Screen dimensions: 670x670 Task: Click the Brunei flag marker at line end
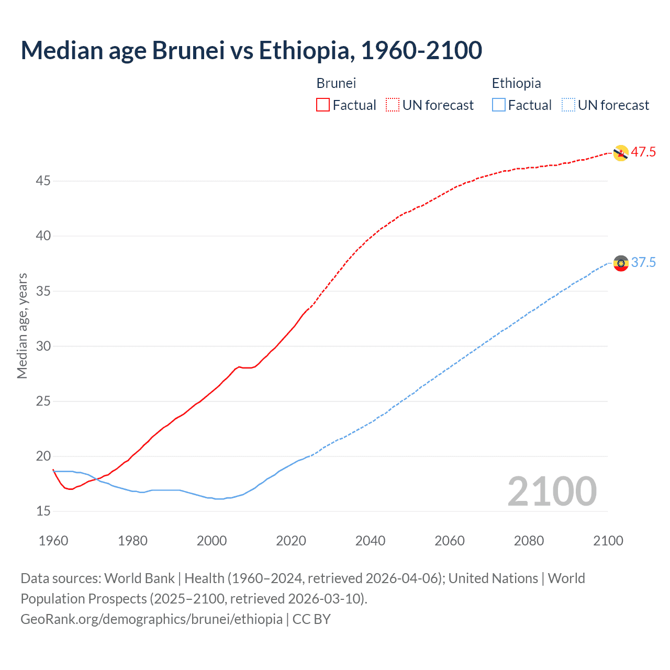(620, 153)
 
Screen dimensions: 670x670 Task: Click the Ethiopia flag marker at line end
(621, 263)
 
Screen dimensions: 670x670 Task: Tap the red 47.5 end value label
(643, 152)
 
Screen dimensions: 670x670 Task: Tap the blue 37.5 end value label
(643, 263)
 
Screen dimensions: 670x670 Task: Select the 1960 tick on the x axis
(53, 541)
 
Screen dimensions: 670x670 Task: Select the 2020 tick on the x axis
(291, 541)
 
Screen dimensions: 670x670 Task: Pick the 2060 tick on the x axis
(450, 541)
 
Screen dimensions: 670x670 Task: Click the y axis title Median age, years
(22, 326)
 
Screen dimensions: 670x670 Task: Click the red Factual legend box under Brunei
(323, 105)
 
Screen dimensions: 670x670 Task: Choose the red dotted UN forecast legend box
(393, 105)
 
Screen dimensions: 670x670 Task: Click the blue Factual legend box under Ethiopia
(499, 105)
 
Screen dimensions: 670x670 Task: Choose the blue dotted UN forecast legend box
(568, 105)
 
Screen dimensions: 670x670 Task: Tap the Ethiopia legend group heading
(516, 83)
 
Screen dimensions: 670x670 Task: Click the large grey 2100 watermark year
(552, 491)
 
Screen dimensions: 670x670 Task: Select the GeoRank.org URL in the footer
(151, 619)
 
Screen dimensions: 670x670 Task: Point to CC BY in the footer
(311, 619)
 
